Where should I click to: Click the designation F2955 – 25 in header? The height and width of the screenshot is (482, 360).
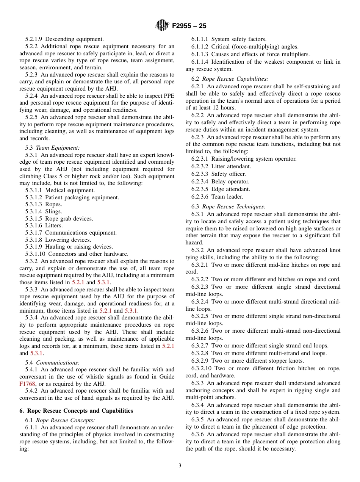189,26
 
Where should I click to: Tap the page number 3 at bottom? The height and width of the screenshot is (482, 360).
180,466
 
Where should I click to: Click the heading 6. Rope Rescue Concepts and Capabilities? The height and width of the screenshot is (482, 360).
76,411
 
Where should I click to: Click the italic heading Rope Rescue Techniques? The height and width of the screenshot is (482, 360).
233,207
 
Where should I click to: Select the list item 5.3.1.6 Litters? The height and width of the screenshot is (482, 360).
44,225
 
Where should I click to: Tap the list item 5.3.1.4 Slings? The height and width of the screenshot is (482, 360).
44,211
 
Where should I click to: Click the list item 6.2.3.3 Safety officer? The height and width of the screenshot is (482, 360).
218,174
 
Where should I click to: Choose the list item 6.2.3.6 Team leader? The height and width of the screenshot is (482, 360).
217,197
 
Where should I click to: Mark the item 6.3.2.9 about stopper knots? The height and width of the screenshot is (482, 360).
247,361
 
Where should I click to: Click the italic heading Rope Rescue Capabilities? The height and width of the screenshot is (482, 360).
235,79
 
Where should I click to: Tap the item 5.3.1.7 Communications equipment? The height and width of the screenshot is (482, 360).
71,233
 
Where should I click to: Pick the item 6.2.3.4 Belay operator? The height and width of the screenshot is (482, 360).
220,182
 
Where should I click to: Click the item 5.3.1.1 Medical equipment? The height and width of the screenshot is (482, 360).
60,190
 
